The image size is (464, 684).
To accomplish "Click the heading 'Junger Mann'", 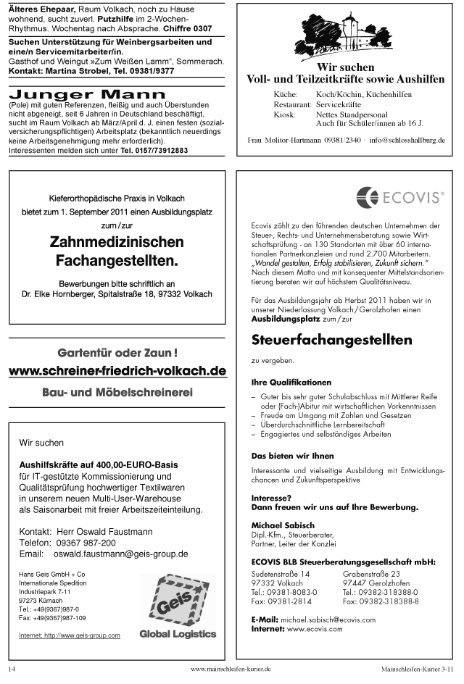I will pyautogui.click(x=87, y=95).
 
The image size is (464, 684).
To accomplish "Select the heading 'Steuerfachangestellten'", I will pyautogui.click(x=331, y=339).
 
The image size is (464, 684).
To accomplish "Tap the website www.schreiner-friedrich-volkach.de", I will pyautogui.click(x=117, y=371).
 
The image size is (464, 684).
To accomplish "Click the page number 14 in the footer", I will pyautogui.click(x=12, y=670).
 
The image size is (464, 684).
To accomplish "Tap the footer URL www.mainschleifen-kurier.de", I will pyautogui.click(x=231, y=670).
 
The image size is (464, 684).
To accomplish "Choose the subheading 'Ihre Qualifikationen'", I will pyautogui.click(x=291, y=382).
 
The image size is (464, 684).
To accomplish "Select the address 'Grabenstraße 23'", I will pyautogui.click(x=371, y=573).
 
